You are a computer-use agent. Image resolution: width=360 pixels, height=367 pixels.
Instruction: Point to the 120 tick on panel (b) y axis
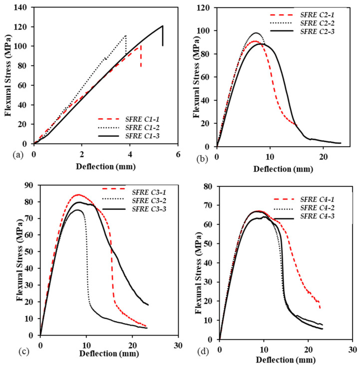pyautogui.click(x=206, y=8)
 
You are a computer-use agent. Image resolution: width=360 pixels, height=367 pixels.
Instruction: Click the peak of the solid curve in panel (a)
pyautogui.click(x=162, y=26)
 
